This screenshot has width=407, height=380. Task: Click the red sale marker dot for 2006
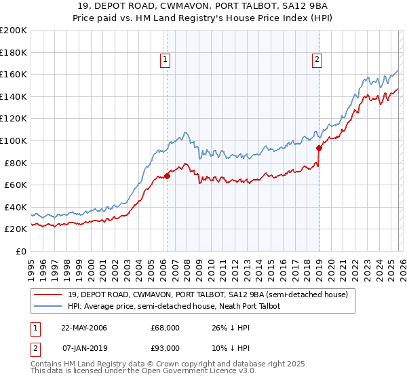[167, 176]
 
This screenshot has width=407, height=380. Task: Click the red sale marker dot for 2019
[318, 147]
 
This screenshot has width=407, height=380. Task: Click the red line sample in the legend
[49, 294]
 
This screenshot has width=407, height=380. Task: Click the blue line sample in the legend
[49, 307]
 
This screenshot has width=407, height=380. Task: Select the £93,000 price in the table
[165, 348]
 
